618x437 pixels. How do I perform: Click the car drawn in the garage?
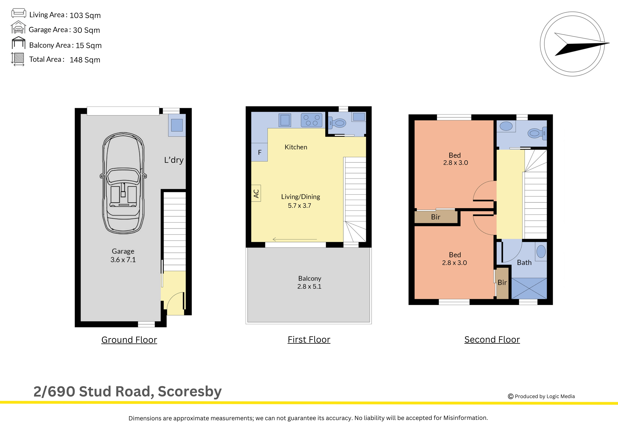[x=123, y=183]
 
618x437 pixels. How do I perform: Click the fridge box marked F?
[x=259, y=152]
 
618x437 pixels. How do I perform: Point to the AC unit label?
[x=256, y=193]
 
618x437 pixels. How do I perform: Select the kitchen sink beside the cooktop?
[x=285, y=120]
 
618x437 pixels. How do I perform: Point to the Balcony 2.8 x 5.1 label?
[x=309, y=282]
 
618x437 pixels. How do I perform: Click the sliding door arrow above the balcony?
[x=295, y=239]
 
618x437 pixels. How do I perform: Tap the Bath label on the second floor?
[x=524, y=263]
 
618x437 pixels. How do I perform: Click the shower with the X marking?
[x=529, y=288]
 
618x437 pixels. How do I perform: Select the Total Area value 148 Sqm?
[x=85, y=60]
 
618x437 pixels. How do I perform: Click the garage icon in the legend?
[x=18, y=27]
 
